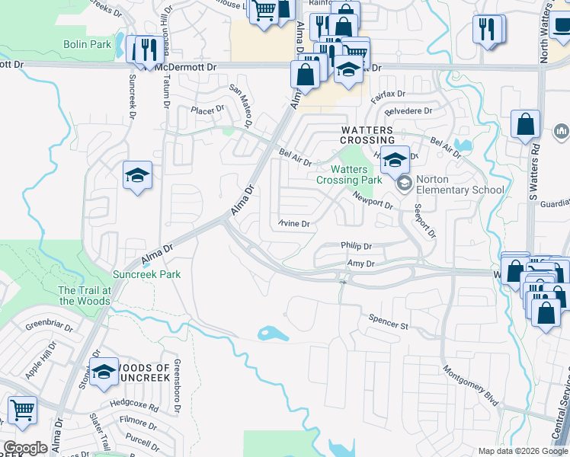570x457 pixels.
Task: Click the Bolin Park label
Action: [87, 45]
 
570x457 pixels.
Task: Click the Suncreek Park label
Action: [146, 273]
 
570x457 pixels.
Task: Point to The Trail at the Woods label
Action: [85, 296]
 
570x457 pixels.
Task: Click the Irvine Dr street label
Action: [293, 224]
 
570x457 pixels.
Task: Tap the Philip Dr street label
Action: [356, 247]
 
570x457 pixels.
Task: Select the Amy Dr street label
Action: [361, 264]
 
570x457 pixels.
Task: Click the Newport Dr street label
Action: [373, 200]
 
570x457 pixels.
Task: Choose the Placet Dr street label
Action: [207, 110]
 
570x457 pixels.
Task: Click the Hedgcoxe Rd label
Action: [133, 407]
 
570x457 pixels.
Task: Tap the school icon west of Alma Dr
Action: [138, 175]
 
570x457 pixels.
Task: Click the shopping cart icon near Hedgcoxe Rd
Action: [22, 409]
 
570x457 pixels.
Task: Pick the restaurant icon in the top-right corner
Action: [488, 29]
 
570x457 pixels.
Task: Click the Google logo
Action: [25, 448]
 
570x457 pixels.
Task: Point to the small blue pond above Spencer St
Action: [268, 332]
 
